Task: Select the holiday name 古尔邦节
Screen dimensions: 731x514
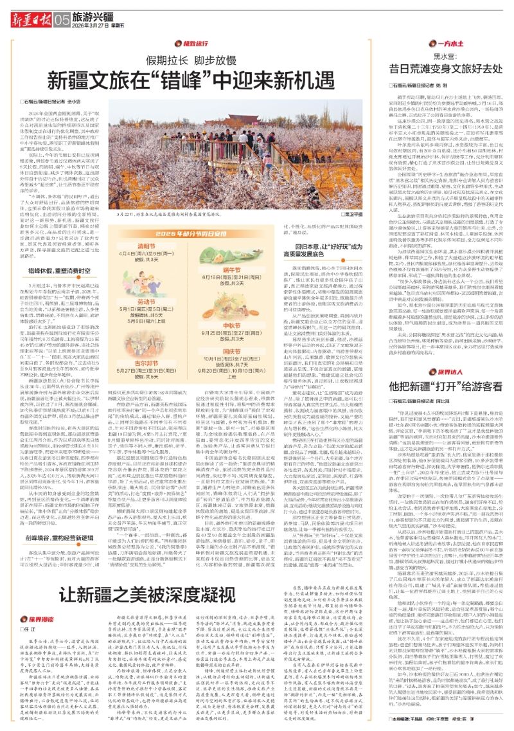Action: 147,328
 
